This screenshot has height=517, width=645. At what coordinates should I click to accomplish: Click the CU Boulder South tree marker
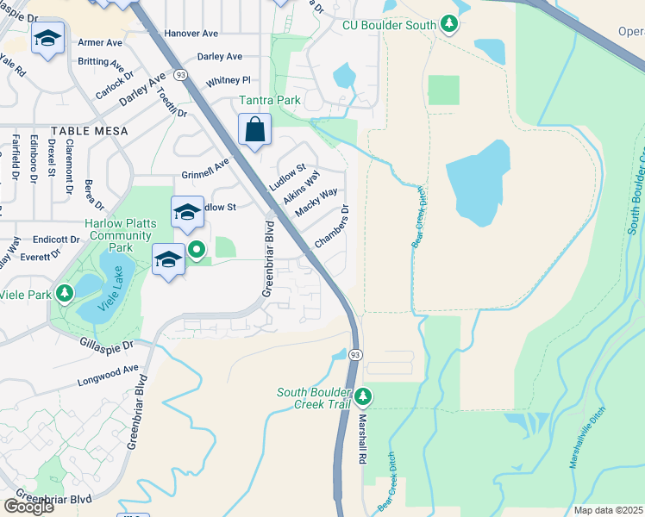tap(448, 25)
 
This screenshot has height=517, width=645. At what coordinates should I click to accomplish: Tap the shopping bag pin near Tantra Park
tap(254, 131)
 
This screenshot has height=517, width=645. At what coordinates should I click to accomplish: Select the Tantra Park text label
tap(270, 101)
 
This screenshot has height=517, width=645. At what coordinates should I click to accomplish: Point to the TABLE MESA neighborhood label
tap(89, 131)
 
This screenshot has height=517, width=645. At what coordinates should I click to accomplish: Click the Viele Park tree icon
tap(65, 294)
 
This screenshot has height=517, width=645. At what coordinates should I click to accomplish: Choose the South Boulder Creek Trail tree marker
tap(363, 396)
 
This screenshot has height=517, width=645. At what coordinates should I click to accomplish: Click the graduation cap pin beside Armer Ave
tap(48, 39)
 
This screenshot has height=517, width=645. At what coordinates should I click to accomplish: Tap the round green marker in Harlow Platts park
tap(197, 251)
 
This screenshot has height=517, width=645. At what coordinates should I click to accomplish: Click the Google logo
tap(28, 506)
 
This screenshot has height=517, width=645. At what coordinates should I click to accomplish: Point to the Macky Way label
tap(315, 203)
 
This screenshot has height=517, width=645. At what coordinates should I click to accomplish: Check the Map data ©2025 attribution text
tap(608, 510)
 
